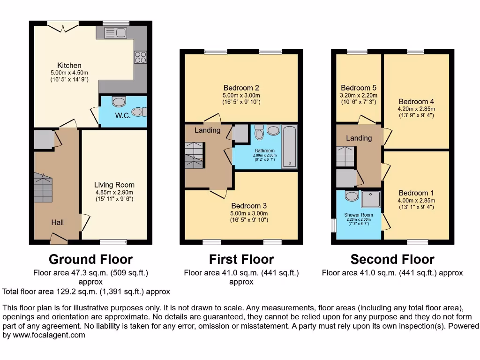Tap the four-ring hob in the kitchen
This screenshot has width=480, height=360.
click(x=140, y=57)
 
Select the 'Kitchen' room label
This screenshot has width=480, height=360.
click(x=69, y=65)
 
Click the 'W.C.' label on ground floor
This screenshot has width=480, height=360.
click(x=123, y=115)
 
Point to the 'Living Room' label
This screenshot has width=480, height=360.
click(x=114, y=185)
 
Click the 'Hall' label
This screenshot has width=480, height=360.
click(x=58, y=222)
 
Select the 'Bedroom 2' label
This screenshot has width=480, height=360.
click(x=241, y=88)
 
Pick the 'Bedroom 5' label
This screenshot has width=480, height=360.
click(x=359, y=88)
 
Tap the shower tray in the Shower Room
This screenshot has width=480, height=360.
click(x=371, y=201)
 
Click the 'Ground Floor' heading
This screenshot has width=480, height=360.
click(x=90, y=259)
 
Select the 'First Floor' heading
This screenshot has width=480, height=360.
click(x=241, y=259)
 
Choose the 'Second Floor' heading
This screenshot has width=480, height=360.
click(x=392, y=259)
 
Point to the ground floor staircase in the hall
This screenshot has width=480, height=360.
click(x=44, y=187)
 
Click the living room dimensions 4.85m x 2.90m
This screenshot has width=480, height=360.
click(x=114, y=192)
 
